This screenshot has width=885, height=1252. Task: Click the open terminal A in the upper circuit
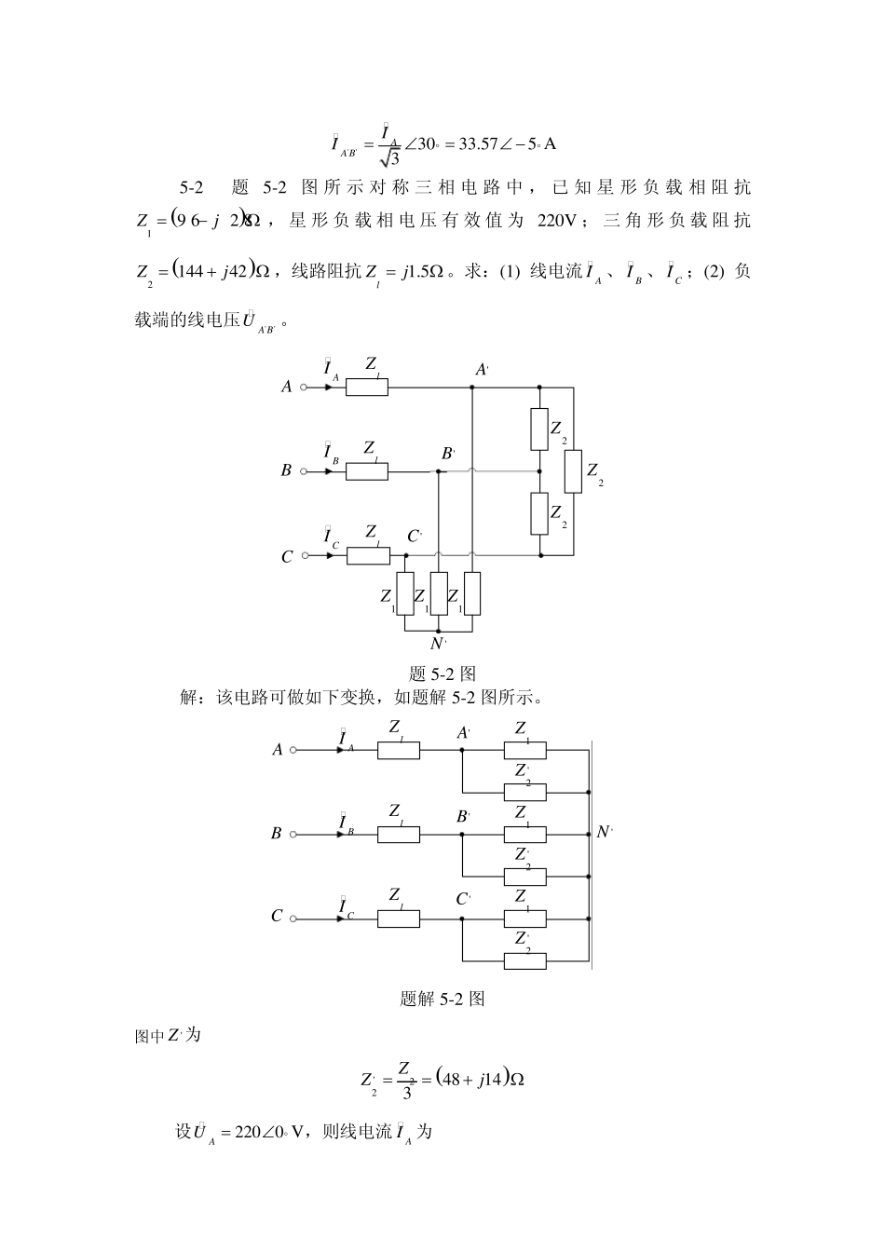[x=303, y=387]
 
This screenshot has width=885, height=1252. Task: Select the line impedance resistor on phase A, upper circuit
[x=367, y=387]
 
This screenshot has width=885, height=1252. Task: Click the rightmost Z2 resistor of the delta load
[x=573, y=470]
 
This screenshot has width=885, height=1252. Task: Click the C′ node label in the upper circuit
[x=415, y=538]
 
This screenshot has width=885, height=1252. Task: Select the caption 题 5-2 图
[x=442, y=674]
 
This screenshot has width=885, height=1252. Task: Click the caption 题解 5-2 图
[x=442, y=999]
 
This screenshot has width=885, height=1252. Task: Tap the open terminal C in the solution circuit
[x=293, y=919]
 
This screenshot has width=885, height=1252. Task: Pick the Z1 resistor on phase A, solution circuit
[x=524, y=750]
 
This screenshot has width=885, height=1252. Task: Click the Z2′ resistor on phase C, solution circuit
[x=524, y=959]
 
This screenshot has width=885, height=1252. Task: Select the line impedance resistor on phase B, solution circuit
[x=398, y=834]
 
